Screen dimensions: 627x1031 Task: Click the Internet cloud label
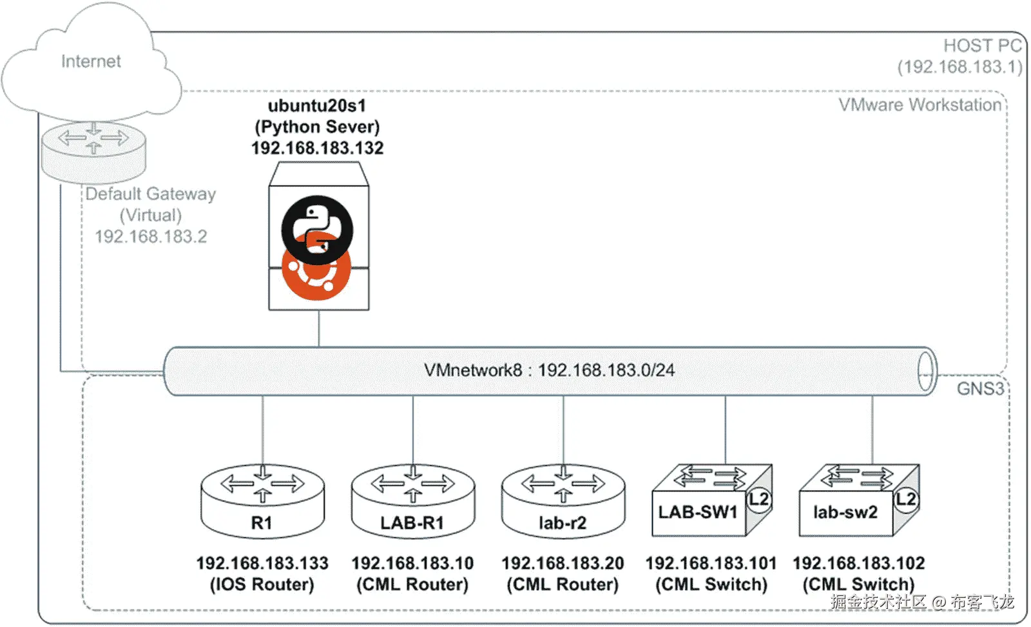91,61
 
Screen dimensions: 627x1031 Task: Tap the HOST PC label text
982,46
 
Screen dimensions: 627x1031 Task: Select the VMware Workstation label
920,105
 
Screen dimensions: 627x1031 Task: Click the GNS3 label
979,388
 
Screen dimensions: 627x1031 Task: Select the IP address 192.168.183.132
317,148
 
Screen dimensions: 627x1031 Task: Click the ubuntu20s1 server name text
317,106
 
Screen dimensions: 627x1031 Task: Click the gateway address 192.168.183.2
151,237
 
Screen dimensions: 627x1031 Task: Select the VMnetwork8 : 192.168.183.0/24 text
549,370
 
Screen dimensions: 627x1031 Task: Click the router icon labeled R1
262,501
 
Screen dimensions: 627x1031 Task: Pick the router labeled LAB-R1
412,501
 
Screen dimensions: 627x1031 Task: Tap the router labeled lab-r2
563,501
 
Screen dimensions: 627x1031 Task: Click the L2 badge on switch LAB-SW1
759,499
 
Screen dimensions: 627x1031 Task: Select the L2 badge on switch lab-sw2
906,499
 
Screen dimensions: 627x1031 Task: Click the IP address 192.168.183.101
711,563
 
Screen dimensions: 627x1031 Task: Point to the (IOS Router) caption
262,584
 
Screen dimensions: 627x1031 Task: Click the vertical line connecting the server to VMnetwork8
319,329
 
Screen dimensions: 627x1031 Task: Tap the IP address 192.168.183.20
563,563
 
